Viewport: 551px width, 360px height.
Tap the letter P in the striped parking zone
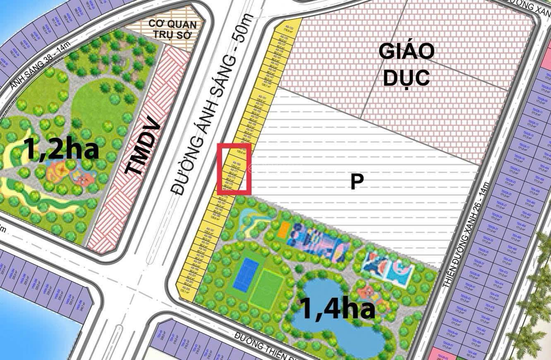pos(357,182)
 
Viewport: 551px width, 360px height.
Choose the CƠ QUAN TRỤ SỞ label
pos(172,29)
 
